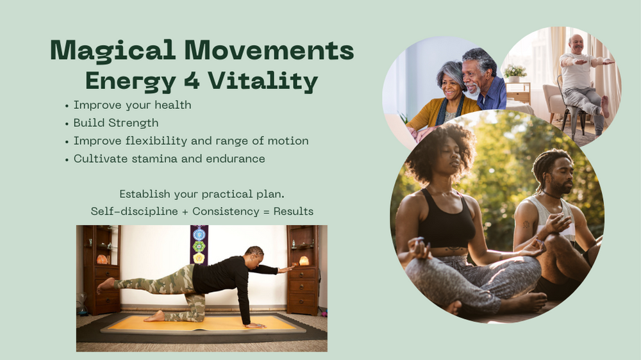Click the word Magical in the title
(x=113, y=51)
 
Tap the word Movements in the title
(x=269, y=50)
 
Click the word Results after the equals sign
(x=294, y=211)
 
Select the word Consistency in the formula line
(x=226, y=211)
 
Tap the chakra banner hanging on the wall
(x=199, y=245)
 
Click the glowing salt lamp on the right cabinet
(x=304, y=261)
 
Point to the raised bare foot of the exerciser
(x=106, y=285)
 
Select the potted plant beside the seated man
(x=515, y=74)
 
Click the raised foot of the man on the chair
(x=604, y=106)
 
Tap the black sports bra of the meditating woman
(x=446, y=221)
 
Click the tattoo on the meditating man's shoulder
(x=526, y=224)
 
